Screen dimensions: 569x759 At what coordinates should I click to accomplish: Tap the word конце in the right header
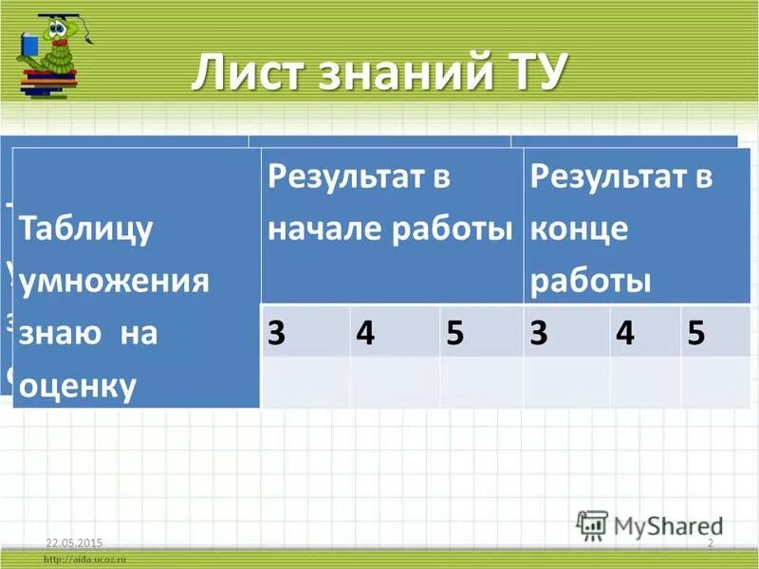pos(580,229)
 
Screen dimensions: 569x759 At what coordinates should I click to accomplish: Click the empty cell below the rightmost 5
pos(714,382)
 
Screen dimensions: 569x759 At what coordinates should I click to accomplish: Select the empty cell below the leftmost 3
pos(305,382)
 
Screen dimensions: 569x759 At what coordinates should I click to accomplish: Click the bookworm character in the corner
pos(52,47)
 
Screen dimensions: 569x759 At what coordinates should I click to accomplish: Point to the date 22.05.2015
pos(74,541)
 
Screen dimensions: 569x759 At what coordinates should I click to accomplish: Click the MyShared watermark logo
pos(651,524)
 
